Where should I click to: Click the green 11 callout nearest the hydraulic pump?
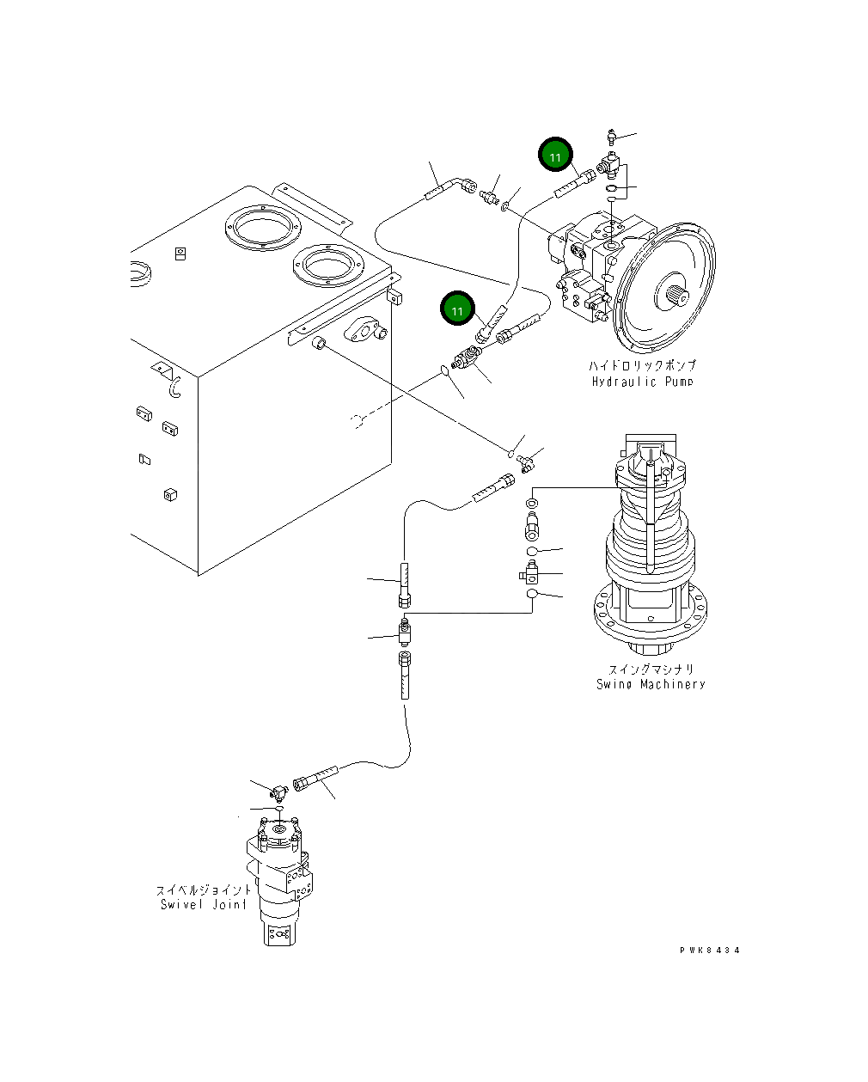click(555, 156)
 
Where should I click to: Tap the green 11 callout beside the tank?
click(457, 310)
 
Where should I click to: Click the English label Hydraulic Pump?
click(641, 381)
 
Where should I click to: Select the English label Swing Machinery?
click(651, 684)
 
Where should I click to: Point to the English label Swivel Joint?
click(203, 904)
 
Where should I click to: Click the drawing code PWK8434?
click(709, 951)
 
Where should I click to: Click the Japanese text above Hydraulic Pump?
click(641, 366)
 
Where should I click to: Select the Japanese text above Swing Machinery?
click(651, 669)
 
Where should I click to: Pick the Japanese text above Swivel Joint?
click(204, 890)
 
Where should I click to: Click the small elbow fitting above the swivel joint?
click(276, 790)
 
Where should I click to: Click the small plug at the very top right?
click(611, 136)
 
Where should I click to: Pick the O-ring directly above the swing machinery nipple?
click(532, 502)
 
